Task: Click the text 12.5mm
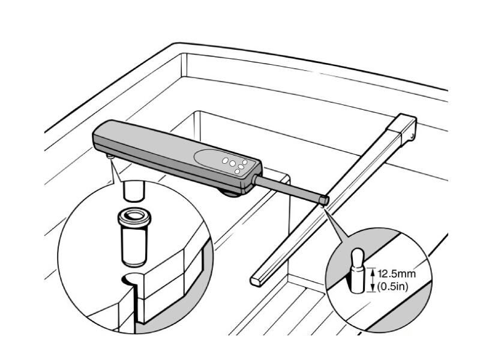click(x=397, y=274)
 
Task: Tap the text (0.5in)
click(x=392, y=286)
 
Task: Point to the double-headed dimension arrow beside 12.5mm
click(x=372, y=280)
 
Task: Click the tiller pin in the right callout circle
click(x=358, y=271)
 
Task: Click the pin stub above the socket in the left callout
click(x=133, y=191)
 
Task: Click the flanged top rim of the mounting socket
click(x=134, y=217)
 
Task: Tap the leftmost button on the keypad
click(x=225, y=160)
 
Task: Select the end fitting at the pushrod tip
click(x=324, y=200)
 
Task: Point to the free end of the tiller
click(x=256, y=281)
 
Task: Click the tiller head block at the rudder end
click(x=403, y=128)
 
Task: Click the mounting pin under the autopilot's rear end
click(x=110, y=157)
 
